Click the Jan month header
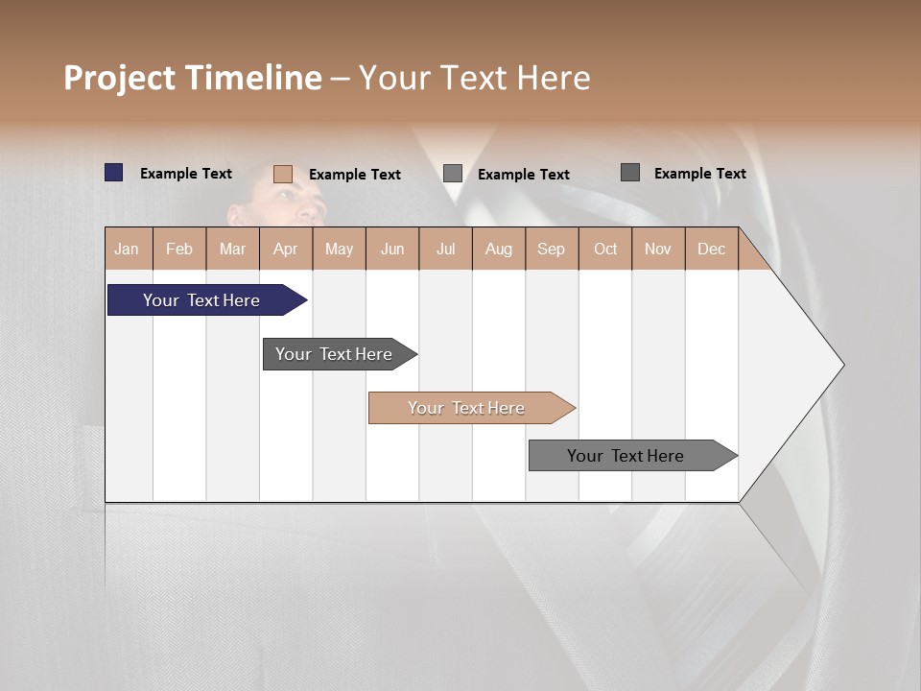[x=127, y=250]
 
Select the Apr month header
[x=285, y=250]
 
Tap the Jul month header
[x=445, y=250]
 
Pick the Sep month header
[x=551, y=250]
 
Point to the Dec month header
[x=711, y=250]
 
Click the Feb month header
[x=179, y=250]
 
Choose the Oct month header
[x=605, y=250]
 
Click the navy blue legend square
[x=114, y=173]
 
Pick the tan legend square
[x=283, y=174]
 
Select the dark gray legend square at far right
[x=630, y=173]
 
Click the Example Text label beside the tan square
[x=354, y=175]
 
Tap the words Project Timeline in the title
[x=192, y=78]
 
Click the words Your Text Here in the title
[x=475, y=78]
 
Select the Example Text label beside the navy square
[x=185, y=174]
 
